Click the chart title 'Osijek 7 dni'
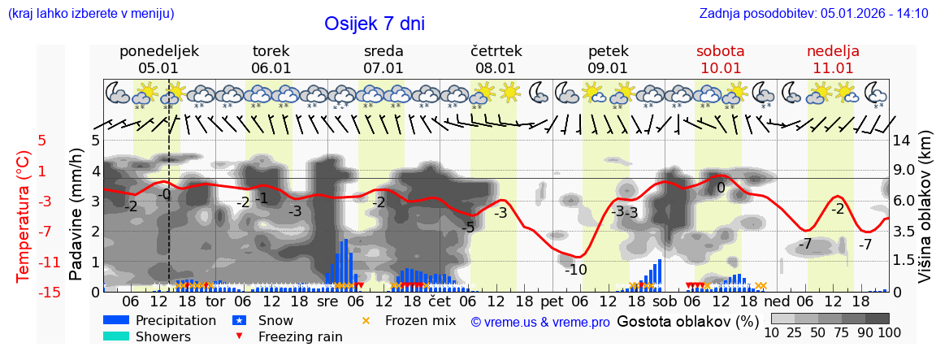point(374,24)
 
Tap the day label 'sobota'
point(720,51)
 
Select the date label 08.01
point(496,68)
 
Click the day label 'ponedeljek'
point(158,51)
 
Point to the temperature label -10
point(575,270)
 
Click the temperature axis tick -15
point(50,293)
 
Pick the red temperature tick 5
point(41,141)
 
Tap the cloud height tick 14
point(903,141)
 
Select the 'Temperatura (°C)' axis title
point(24,216)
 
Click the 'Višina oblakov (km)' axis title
point(925,215)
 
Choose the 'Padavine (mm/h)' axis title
point(76,215)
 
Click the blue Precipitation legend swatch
point(116,320)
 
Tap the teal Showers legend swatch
point(116,336)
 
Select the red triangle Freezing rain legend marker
point(238,336)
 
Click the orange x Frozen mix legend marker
point(365,320)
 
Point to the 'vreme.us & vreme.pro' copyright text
point(539,323)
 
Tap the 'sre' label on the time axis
point(327,301)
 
